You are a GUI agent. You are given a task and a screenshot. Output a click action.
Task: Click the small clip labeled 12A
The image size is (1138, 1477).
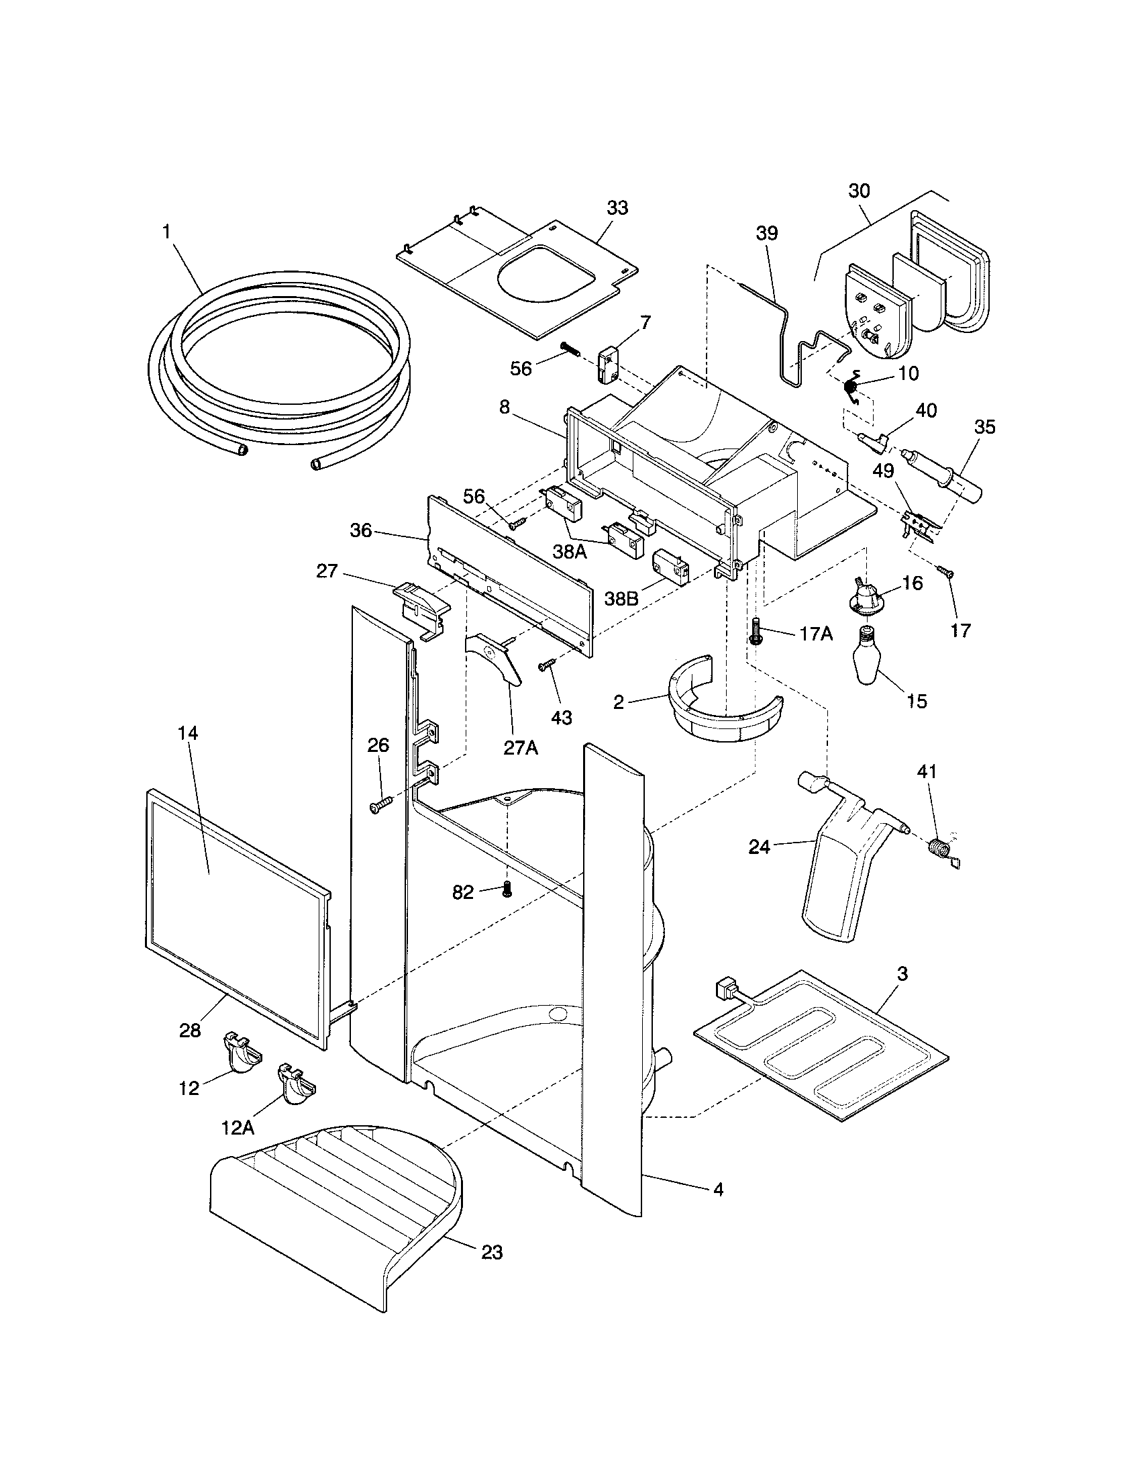(295, 1084)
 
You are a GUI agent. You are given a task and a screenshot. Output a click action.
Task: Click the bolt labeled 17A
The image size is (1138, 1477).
(756, 631)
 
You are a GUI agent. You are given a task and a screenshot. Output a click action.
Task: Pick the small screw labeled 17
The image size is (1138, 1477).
(946, 572)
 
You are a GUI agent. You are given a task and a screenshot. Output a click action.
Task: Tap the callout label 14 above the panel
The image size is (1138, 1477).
(189, 733)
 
